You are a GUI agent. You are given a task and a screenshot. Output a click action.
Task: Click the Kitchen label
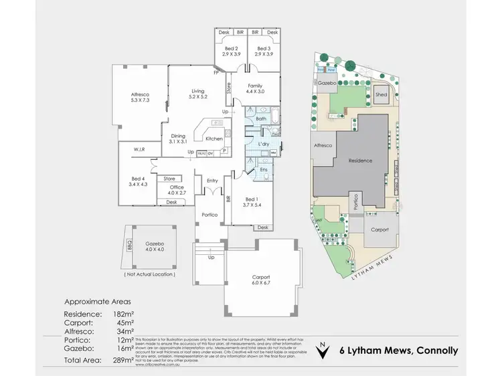[x=214, y=138]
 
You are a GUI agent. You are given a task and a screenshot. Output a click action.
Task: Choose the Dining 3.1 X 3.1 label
[x=177, y=138]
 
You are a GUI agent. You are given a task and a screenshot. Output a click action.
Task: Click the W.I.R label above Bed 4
[x=139, y=149]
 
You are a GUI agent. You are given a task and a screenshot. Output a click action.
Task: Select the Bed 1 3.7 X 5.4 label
[x=253, y=203]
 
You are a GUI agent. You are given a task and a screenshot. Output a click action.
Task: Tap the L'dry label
[x=263, y=145]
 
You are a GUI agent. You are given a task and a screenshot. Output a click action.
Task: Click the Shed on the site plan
[x=381, y=95]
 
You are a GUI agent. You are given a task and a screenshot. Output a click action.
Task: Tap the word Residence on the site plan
[x=359, y=161]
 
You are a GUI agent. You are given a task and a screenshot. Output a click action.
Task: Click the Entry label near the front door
[x=212, y=181]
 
